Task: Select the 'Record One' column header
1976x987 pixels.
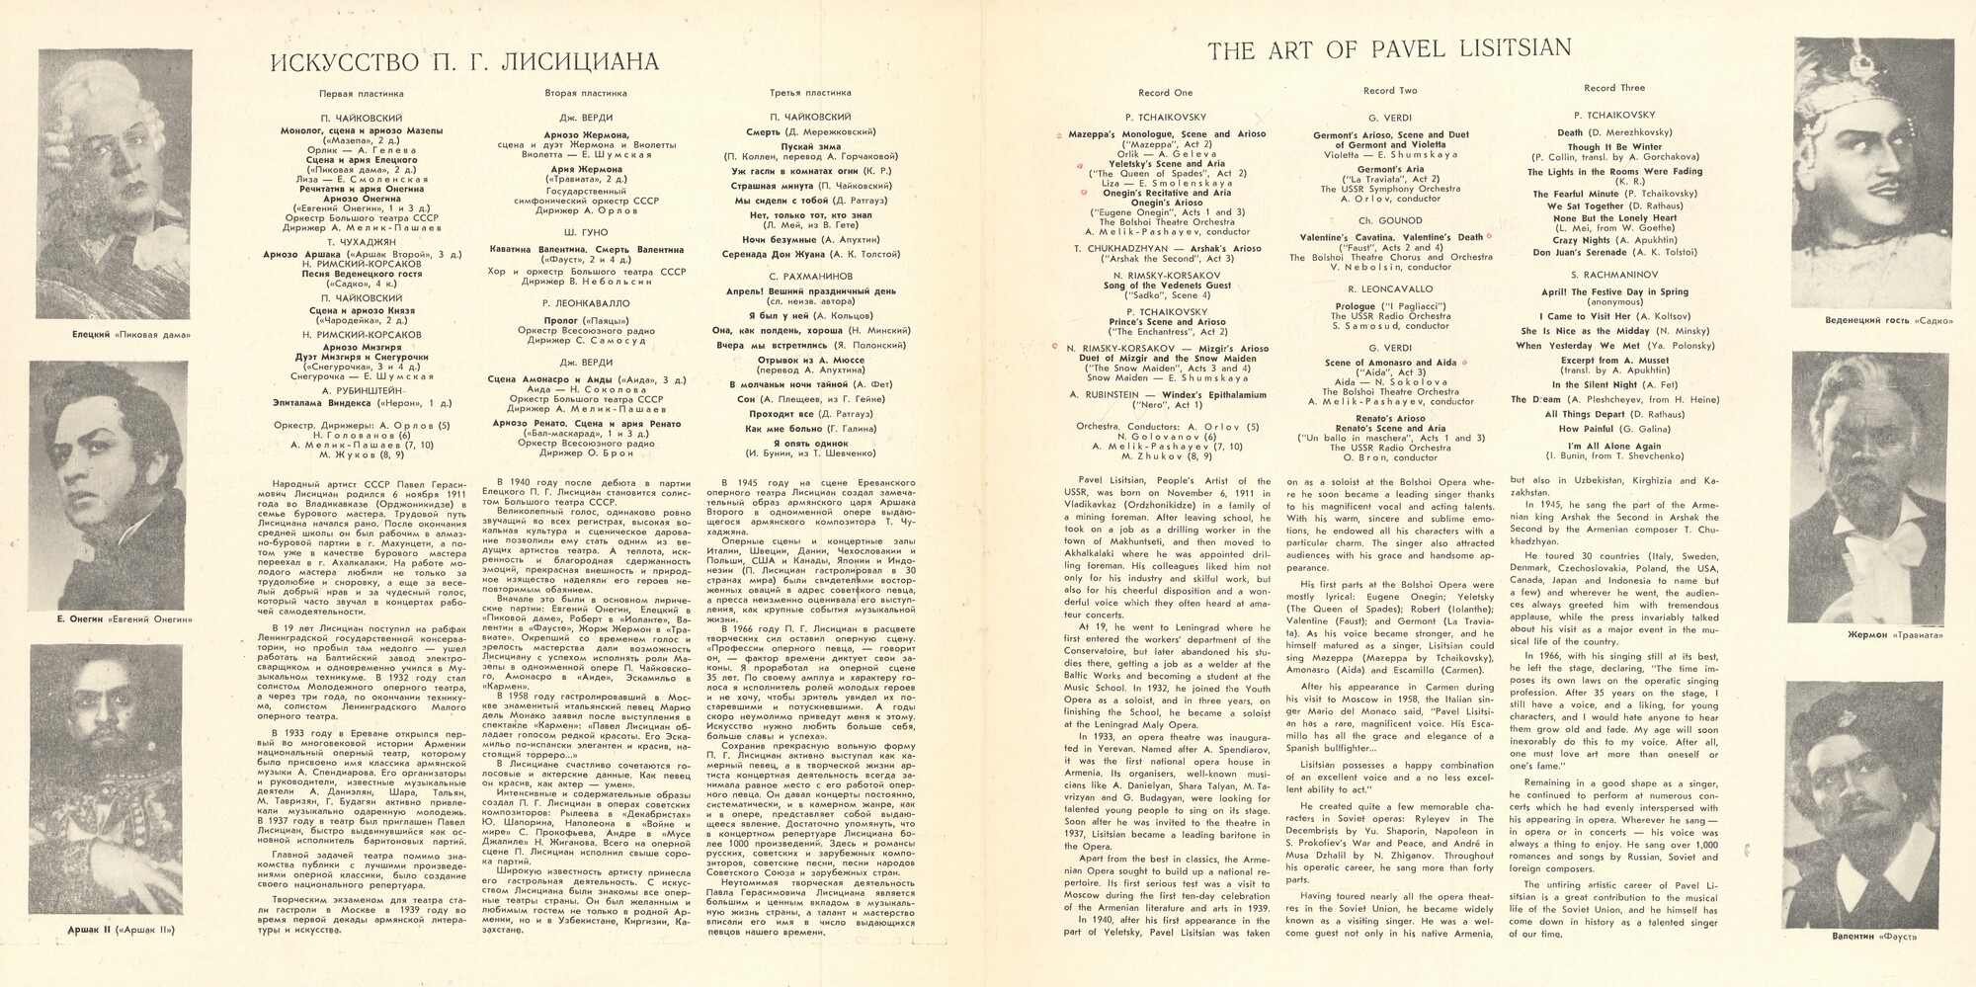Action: (x=1165, y=92)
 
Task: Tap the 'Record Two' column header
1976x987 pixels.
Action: (x=1389, y=91)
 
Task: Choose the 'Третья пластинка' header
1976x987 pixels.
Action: (x=810, y=93)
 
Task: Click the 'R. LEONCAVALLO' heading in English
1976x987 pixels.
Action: (x=1389, y=289)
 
